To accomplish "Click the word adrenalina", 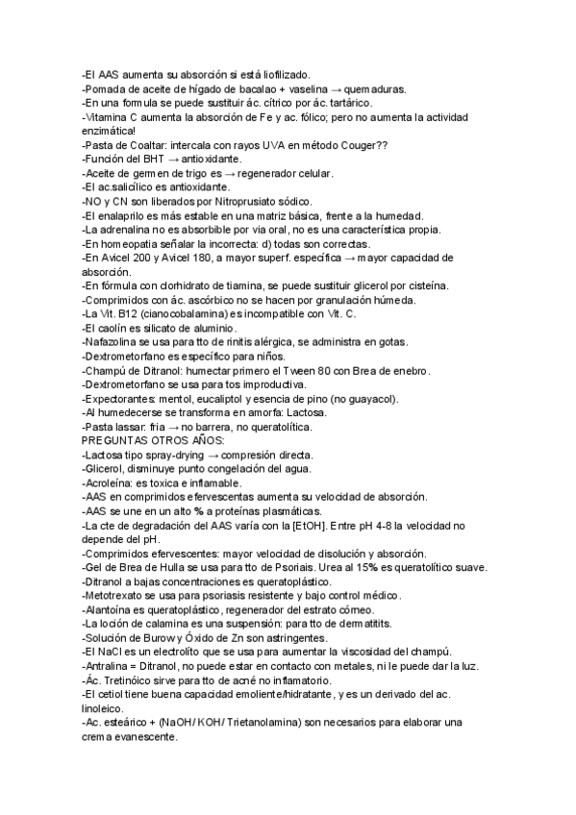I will point(128,230).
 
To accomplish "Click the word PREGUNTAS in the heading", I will point(118,440).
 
